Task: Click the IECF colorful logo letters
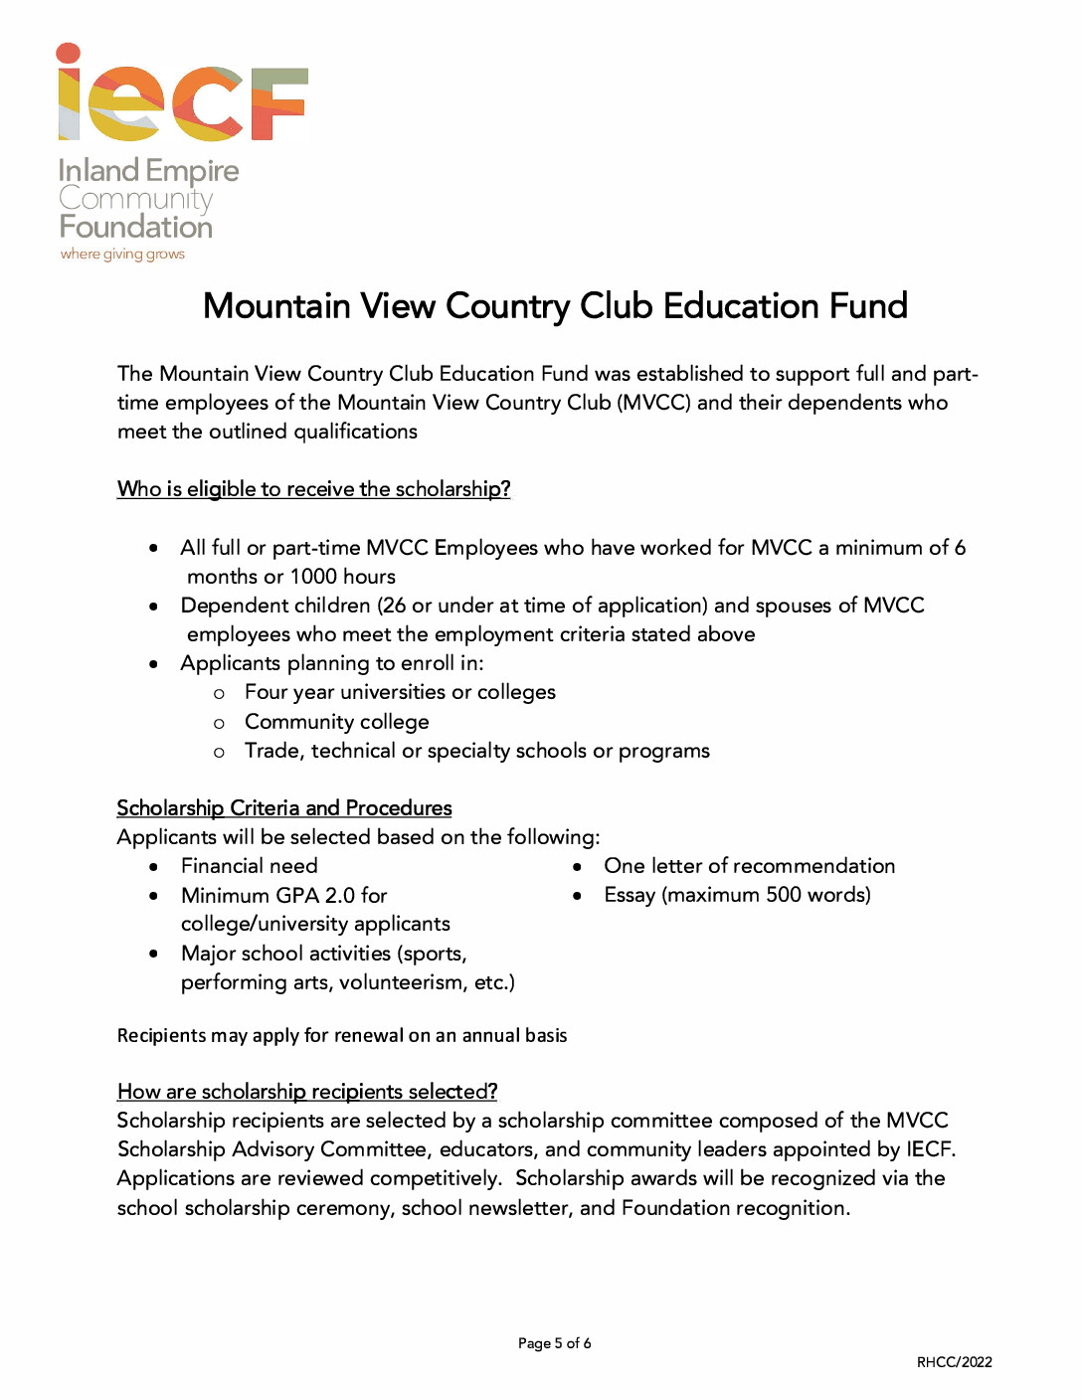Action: (183, 95)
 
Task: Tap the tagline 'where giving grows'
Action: (122, 255)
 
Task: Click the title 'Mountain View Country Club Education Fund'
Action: (555, 306)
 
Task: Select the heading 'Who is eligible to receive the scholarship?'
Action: (313, 489)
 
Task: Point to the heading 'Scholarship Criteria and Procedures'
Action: (284, 808)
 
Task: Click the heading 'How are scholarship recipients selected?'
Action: (307, 1092)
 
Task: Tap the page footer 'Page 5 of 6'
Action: (554, 1343)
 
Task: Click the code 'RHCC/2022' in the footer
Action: (954, 1362)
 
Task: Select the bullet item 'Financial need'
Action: (250, 866)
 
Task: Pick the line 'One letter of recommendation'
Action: (749, 866)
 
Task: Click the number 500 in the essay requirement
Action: (784, 895)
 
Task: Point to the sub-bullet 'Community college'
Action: (337, 722)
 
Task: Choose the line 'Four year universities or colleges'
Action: (400, 692)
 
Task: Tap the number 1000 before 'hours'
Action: (313, 577)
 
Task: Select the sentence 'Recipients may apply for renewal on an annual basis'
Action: (342, 1036)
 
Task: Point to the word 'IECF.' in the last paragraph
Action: (930, 1149)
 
